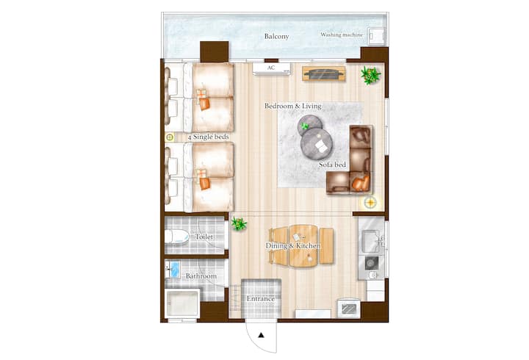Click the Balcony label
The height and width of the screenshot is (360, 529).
[x=276, y=36]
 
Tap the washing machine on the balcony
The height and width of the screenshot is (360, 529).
[x=376, y=36]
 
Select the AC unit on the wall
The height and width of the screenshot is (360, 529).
[x=272, y=68]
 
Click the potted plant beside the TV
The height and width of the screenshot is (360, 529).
[x=370, y=75]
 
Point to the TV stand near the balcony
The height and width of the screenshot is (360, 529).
[x=324, y=73]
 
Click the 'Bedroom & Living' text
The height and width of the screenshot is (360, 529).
[x=293, y=106]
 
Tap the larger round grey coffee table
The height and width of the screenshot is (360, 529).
[x=317, y=144]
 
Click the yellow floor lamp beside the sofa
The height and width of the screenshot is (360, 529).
[x=370, y=203]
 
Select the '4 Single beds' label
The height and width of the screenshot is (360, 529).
[x=209, y=137]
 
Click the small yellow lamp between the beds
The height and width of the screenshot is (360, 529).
[x=170, y=137]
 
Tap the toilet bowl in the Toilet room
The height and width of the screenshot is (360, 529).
[x=177, y=237]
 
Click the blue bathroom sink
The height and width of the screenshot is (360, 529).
[x=174, y=270]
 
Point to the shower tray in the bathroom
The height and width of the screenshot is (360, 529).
[x=182, y=303]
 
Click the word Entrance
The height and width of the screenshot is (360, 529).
[x=260, y=298]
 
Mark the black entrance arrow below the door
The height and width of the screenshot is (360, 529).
[x=261, y=335]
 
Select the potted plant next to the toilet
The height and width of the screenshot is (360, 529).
[x=239, y=223]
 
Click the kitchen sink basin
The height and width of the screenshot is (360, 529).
[x=370, y=240]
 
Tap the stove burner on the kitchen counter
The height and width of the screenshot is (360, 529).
[x=372, y=262]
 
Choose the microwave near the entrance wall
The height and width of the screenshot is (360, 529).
[x=349, y=309]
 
